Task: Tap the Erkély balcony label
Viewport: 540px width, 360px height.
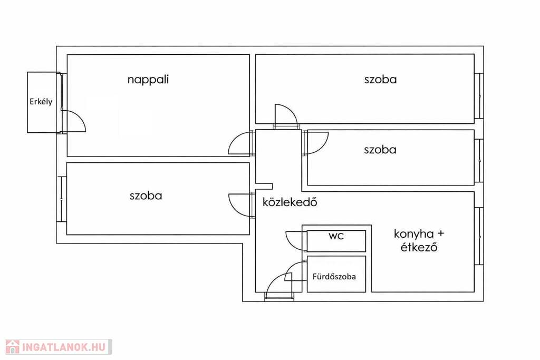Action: coord(41,102)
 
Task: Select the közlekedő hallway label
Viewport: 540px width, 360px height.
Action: coord(290,202)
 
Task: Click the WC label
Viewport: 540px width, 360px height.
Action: coord(336,236)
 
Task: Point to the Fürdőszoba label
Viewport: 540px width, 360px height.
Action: coord(334,276)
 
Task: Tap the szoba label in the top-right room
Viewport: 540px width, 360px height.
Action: coord(380,80)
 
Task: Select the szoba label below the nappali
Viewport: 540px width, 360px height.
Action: coord(146,196)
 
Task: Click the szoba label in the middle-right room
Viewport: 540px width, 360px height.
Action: coord(380,150)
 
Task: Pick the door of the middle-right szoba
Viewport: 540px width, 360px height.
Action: coord(315,142)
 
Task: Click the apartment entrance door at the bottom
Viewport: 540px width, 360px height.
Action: coord(279,287)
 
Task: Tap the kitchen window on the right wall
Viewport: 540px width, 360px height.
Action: coord(479,236)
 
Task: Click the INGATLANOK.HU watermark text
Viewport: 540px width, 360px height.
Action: coord(64,347)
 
